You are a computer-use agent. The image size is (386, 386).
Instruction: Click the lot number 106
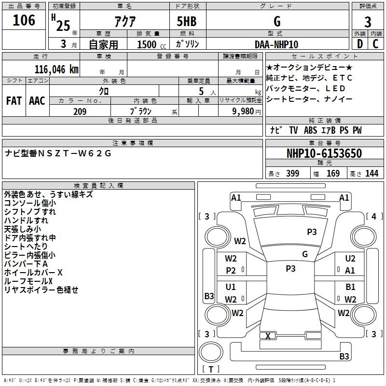tap(24, 21)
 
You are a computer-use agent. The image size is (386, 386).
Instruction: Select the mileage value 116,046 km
tap(56, 69)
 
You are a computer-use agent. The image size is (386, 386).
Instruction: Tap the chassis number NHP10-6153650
tap(324, 153)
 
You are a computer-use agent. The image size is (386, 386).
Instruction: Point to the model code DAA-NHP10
tap(276, 44)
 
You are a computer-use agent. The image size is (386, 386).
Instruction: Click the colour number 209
tap(80, 111)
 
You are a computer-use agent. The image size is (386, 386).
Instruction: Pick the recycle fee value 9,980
tap(240, 111)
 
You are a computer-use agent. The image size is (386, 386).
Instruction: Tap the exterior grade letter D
tap(359, 44)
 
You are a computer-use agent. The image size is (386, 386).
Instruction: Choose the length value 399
tap(292, 174)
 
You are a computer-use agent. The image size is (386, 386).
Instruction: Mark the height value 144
tap(372, 174)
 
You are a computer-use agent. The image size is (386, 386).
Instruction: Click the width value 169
tap(333, 174)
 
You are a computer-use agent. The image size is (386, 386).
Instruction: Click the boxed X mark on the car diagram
tap(268, 336)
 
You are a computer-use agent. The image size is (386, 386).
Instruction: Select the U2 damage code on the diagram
tap(350, 259)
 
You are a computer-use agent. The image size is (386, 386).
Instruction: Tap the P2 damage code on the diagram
tap(231, 271)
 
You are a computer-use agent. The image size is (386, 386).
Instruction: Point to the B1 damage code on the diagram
tap(351, 287)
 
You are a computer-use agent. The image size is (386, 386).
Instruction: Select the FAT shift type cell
tap(14, 101)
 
